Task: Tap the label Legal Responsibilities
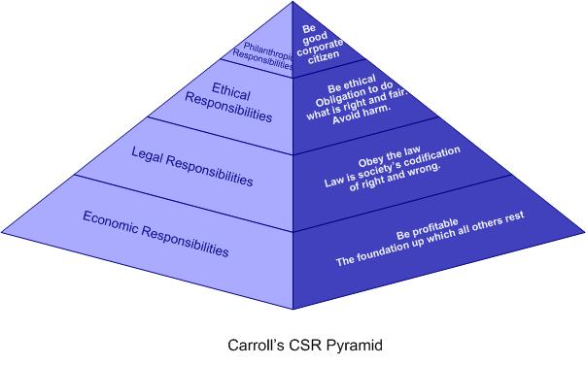click(x=192, y=166)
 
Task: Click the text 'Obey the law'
click(x=386, y=155)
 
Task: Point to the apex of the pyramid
click(x=293, y=3)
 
